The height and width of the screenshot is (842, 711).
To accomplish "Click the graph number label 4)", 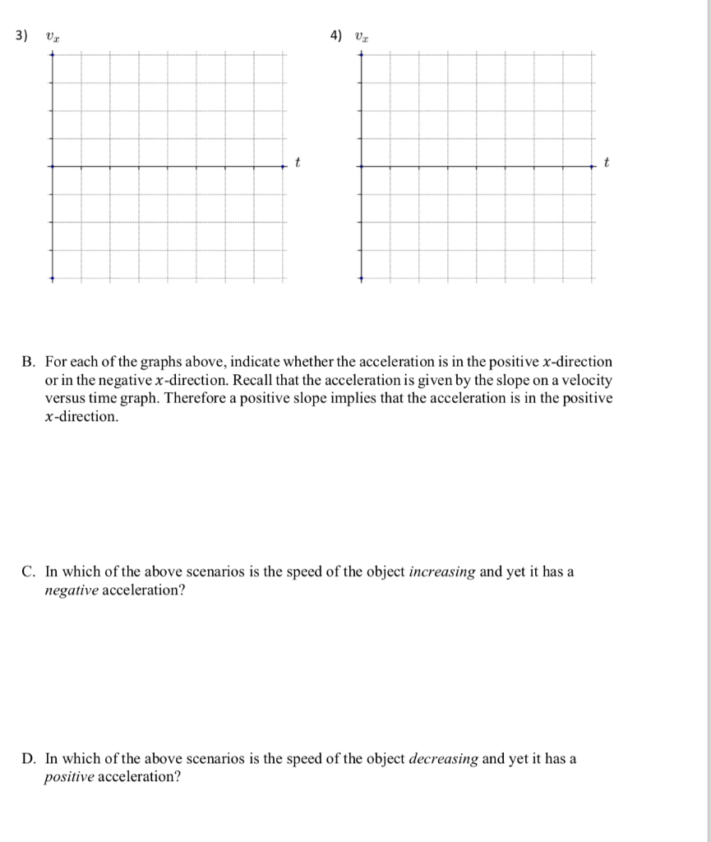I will pos(335,35).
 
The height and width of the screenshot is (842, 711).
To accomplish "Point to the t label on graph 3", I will pos(298,162).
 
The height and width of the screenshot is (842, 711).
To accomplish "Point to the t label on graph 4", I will pos(606,162).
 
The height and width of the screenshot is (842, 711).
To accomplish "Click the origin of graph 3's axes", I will pos(52,166).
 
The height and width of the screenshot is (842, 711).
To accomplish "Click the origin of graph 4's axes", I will pos(360,166).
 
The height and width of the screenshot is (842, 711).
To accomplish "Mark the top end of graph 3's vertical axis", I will pos(52,54).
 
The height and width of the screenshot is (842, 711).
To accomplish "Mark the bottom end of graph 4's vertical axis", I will pos(360,279).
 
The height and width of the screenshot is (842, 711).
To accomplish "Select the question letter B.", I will pos(28,362).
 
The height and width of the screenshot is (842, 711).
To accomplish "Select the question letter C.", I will pos(28,572).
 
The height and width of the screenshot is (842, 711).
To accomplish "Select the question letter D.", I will pos(28,759).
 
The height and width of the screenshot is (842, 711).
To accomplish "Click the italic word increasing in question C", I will pos(441,572).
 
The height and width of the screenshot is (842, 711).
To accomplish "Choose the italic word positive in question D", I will pos(69,777).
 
